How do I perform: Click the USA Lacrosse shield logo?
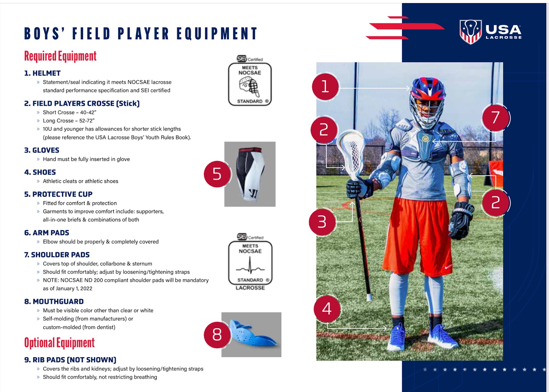coord(470,32)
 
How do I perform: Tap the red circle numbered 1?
coord(325,87)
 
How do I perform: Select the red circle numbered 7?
coord(495,118)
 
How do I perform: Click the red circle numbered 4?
coord(327,309)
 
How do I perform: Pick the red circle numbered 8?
coord(217,335)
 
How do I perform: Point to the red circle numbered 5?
coord(217,174)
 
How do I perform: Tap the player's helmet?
coord(428,102)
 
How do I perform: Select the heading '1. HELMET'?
coord(43,73)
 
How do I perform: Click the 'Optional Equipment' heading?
coord(59,343)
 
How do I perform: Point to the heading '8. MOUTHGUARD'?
coord(54,301)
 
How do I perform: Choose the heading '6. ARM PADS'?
coord(47,233)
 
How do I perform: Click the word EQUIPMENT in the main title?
coord(217,34)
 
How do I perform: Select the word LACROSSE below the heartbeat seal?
coord(250,288)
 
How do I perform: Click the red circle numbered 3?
coord(322,222)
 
